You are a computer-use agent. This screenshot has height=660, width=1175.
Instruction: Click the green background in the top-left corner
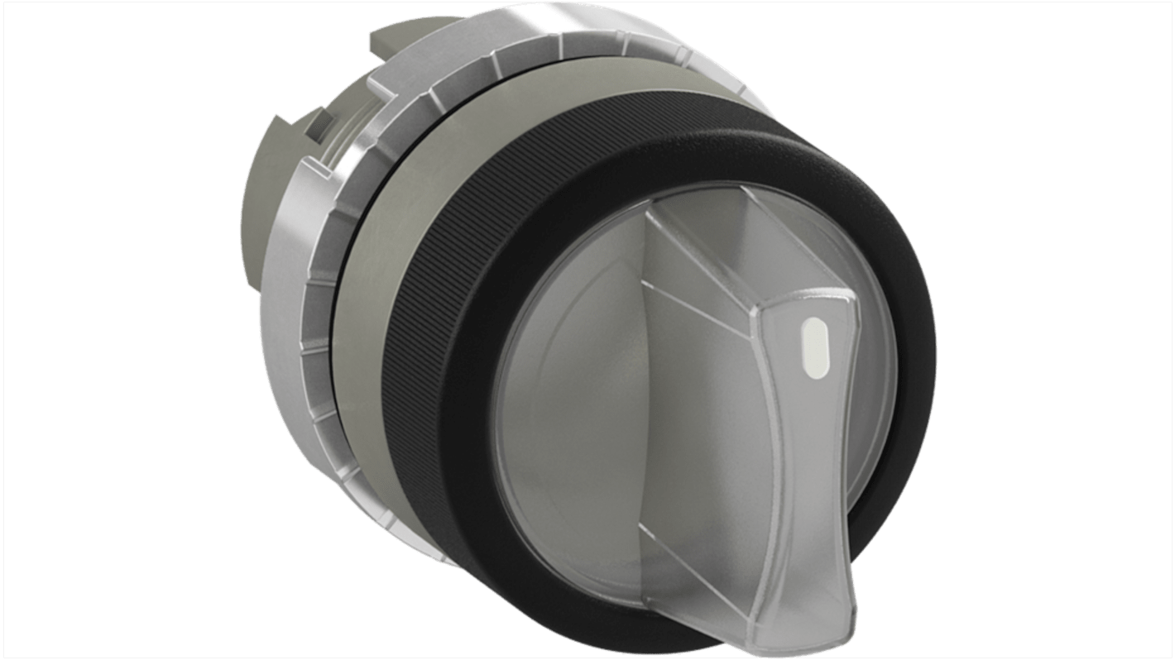click(50, 50)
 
